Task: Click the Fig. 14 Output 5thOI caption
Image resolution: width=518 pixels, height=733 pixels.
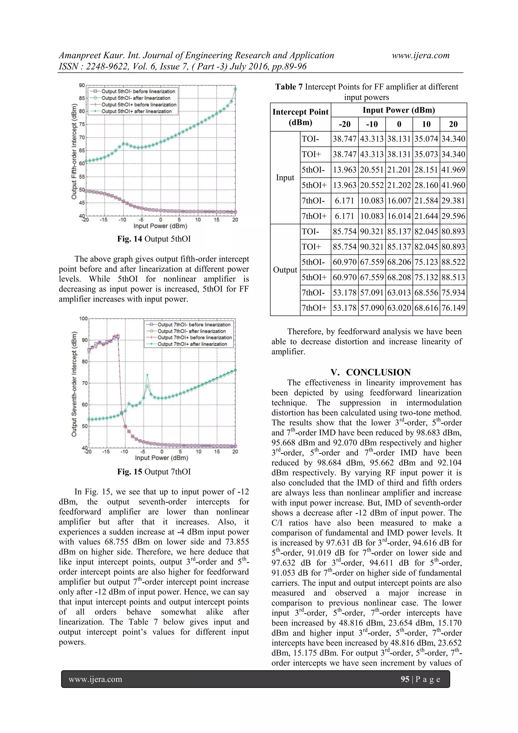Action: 154,239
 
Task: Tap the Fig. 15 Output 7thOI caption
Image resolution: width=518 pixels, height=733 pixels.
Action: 154,472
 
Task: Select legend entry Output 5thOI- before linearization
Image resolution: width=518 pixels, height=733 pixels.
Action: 138,91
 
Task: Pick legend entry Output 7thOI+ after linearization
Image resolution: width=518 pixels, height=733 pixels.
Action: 192,344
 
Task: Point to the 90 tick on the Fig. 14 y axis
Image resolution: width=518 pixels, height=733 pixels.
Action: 82,86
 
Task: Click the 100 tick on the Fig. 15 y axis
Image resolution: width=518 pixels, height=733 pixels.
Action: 83,319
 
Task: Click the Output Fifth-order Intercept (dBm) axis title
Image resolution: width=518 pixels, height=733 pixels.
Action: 74,151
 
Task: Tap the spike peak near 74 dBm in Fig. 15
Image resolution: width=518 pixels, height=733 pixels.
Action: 147,375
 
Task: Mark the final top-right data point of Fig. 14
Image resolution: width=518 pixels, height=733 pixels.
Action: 235,89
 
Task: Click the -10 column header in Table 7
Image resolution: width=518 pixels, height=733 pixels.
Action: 372,124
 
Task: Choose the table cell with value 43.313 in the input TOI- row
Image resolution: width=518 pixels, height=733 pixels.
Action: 372,139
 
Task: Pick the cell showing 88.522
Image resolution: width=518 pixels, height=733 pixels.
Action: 453,262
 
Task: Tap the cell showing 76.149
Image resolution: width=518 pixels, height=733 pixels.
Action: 453,308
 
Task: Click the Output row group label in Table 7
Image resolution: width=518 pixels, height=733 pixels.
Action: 285,270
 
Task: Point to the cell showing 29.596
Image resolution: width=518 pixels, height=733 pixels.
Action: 453,216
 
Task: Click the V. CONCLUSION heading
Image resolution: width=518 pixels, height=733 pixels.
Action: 371,372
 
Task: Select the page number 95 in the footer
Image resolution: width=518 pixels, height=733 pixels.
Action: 405,679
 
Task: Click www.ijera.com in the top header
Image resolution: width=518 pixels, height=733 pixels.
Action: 420,55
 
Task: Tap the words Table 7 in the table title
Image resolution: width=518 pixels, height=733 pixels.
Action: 289,87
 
